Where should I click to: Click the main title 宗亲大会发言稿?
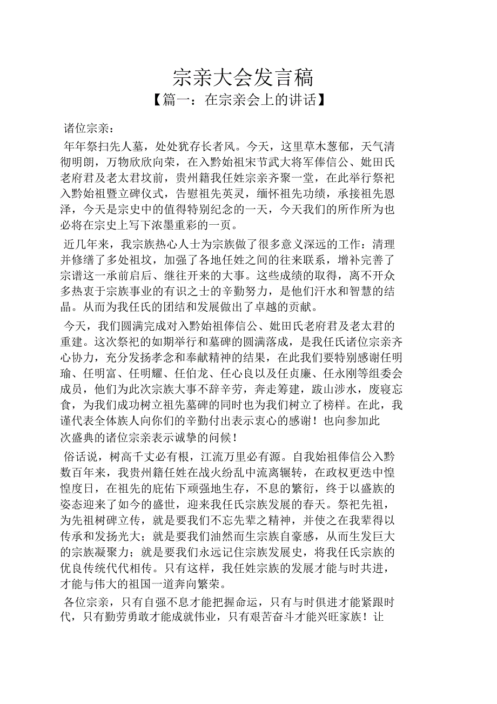pyautogui.click(x=243, y=77)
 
